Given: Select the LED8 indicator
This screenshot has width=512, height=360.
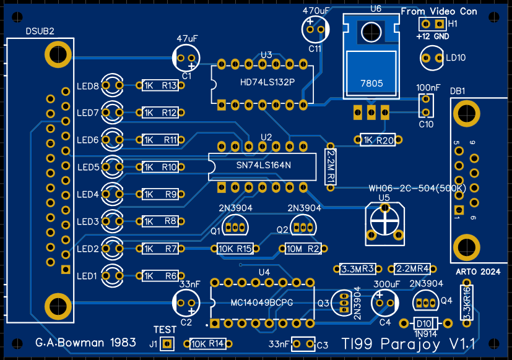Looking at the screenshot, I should (113, 85).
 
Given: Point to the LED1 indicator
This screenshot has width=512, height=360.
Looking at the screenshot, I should (113, 275).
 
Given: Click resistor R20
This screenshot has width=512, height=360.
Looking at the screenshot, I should (377, 140).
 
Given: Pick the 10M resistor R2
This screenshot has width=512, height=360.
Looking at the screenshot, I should (302, 249).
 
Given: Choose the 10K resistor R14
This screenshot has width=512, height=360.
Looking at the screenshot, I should (207, 344).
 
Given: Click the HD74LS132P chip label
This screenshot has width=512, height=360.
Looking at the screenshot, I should (267, 82).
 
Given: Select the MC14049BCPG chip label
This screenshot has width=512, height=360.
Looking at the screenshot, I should (261, 302).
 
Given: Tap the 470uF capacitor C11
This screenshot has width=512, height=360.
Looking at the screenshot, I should (315, 28).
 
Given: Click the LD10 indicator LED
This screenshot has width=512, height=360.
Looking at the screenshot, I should (431, 58).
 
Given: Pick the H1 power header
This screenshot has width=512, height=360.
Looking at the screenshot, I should (432, 24).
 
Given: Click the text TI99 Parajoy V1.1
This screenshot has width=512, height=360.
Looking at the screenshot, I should (408, 344).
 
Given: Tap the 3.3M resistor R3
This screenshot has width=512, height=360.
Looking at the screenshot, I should (358, 269).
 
